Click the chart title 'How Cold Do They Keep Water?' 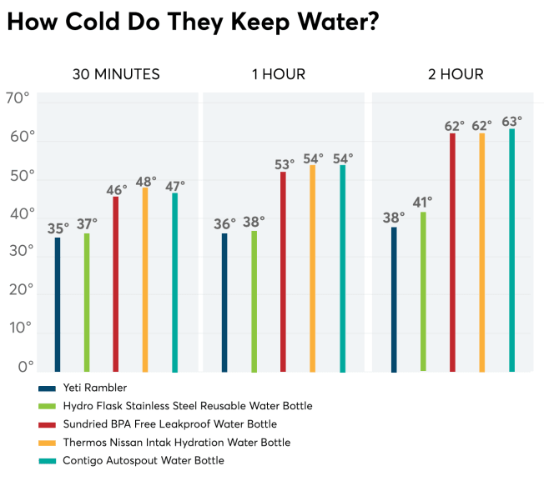coord(193,23)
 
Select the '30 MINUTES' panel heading coord(115,75)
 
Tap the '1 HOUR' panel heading coord(279,75)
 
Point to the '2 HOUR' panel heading coord(456,75)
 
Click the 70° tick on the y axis coord(18,98)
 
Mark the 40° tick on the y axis coord(18,213)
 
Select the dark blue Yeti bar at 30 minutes coord(58,304)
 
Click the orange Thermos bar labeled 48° coord(145,279)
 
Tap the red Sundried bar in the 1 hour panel coord(283,271)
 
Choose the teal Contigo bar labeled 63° coord(511,250)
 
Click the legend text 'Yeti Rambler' coord(95,388)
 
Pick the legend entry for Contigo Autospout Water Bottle coord(144,460)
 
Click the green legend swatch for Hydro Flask coord(47,406)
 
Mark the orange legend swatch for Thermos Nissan coord(47,443)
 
